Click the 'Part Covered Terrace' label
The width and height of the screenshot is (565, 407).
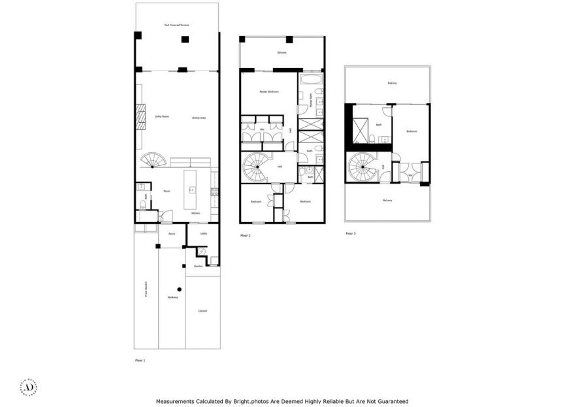(177, 25)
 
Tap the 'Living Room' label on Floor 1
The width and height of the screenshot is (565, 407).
(162, 117)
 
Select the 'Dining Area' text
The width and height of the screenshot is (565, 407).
(199, 118)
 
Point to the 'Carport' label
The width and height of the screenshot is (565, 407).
(202, 311)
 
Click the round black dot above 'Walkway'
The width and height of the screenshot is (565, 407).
(179, 289)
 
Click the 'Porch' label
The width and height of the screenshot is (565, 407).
(172, 233)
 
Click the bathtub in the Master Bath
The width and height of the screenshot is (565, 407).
(311, 81)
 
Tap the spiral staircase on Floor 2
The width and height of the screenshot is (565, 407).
(255, 168)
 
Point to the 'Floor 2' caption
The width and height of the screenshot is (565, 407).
(246, 235)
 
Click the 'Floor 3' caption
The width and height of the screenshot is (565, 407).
(350, 233)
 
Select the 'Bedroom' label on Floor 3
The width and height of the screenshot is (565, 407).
(412, 131)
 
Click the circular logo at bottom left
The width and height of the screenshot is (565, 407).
(29, 386)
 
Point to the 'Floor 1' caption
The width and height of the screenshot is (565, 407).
(140, 360)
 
